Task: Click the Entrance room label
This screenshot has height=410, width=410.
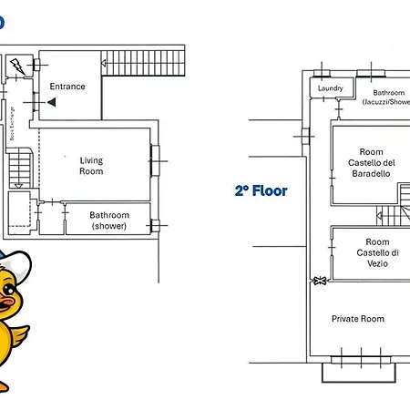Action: pos(67,87)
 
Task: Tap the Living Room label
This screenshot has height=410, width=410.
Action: pos(91,166)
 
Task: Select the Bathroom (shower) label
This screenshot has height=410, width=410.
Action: pos(108,221)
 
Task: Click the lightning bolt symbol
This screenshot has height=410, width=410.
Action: pos(17,66)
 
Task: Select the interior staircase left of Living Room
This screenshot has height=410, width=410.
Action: pos(18,169)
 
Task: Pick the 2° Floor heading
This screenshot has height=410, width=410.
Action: pos(261,191)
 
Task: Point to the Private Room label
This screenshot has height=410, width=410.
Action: pos(357,319)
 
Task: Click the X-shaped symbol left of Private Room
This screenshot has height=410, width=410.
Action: pos(319,282)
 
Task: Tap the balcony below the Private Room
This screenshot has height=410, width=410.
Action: pos(359,372)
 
